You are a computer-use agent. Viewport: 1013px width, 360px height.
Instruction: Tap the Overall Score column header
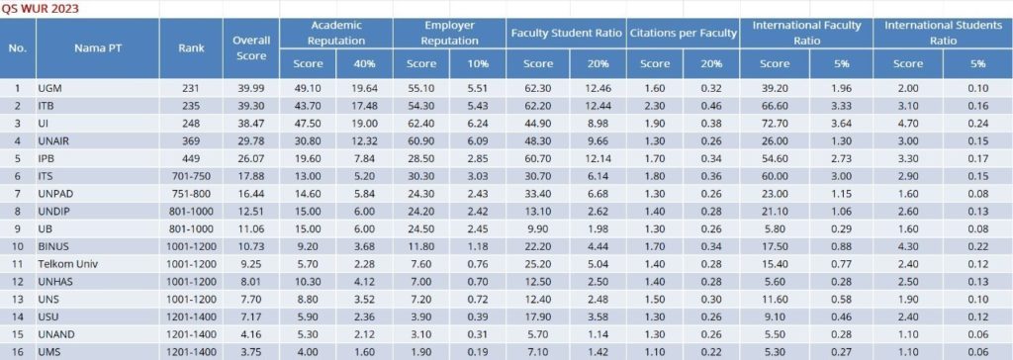251,47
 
